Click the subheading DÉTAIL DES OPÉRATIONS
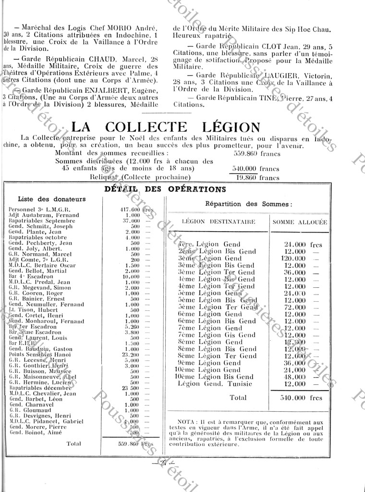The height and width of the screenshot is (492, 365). [165, 189]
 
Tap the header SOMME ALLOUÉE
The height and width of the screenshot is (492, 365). [300, 222]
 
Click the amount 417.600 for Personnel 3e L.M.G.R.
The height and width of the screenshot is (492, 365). [129, 210]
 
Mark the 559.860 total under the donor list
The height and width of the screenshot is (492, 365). [129, 444]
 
